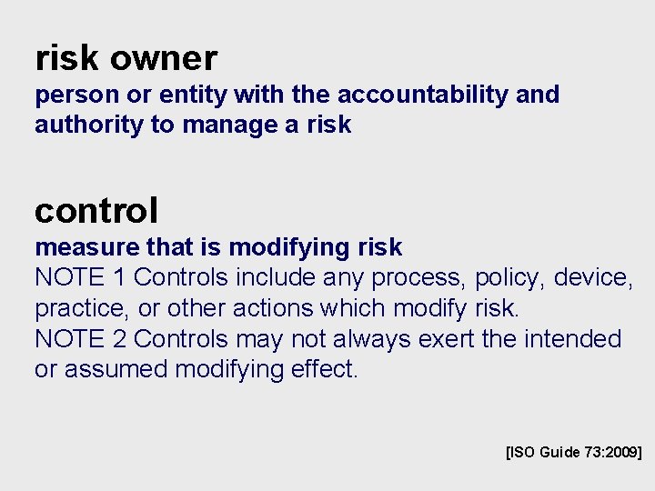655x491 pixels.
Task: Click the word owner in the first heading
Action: (x=164, y=59)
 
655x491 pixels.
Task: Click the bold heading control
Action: (x=96, y=211)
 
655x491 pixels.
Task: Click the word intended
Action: (x=572, y=339)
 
